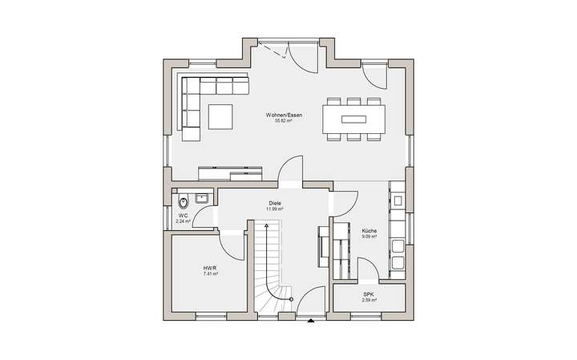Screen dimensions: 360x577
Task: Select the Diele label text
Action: pos(276,204)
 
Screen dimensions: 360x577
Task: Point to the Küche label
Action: pos(369,230)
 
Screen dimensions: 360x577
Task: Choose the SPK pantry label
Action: pos(369,294)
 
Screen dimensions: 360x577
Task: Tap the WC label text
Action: pos(183,215)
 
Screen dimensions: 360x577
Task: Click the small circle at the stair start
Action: pos(291,299)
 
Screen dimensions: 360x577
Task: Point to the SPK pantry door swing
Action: pos(365,269)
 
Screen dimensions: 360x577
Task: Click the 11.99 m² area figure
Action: pos(276,209)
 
